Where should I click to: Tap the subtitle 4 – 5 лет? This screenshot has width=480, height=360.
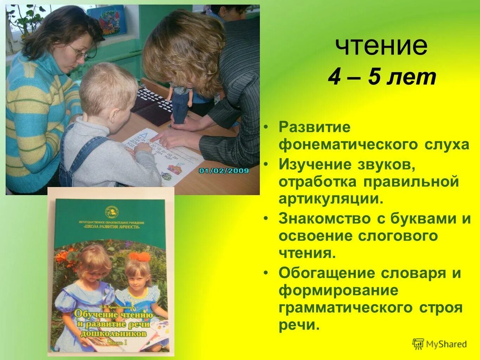coord(382,77)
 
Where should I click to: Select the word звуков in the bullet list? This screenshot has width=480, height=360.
coord(385,164)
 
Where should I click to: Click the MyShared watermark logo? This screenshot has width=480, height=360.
coord(440,344)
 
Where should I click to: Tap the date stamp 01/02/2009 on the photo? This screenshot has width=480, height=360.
coord(224,171)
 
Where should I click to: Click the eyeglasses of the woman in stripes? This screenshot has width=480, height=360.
coord(80,52)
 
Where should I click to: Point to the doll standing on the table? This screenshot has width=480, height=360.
coord(179,102)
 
